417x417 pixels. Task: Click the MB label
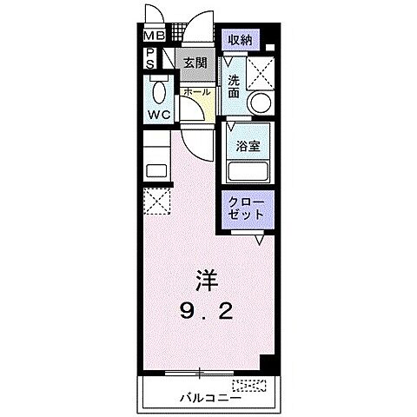pos(154,36)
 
